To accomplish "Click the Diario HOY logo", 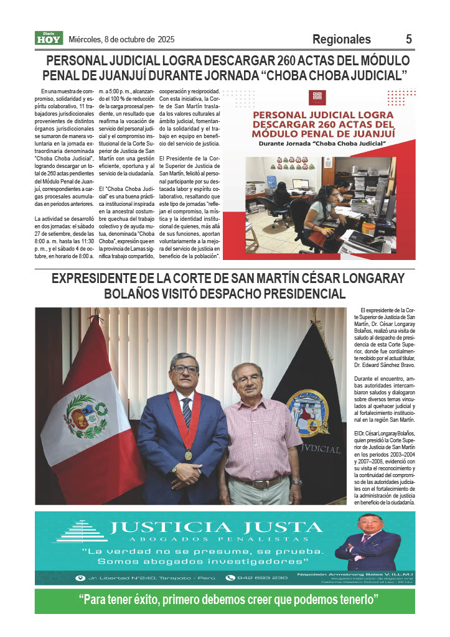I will [x=49, y=39].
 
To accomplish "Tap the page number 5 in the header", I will [x=409, y=39].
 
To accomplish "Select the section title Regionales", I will [x=342, y=39].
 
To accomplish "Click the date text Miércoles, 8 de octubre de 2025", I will [x=121, y=39].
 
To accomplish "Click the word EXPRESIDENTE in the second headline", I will [x=99, y=279].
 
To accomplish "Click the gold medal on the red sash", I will [x=187, y=455].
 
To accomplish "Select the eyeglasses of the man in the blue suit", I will [x=184, y=369].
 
